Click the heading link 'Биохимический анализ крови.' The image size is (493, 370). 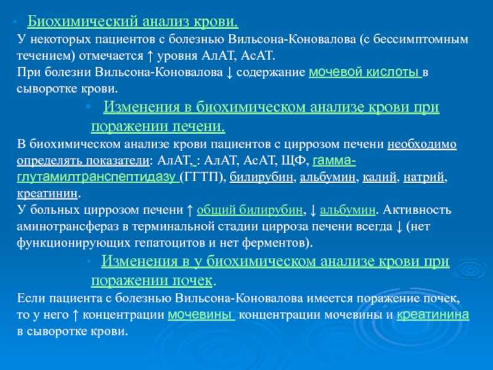[x=133, y=22]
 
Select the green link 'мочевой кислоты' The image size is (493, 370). [x=365, y=72]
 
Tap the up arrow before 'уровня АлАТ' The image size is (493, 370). [x=150, y=56]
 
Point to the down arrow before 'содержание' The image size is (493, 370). [x=229, y=73]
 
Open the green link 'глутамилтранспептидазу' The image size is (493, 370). [x=98, y=177]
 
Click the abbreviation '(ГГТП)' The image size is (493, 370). [x=203, y=177]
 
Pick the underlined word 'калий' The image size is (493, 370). [x=379, y=177]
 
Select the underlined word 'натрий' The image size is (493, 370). [x=424, y=177]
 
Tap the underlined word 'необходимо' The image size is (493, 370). [x=422, y=144]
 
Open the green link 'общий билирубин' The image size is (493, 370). [x=250, y=210]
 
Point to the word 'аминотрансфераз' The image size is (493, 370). [x=68, y=226]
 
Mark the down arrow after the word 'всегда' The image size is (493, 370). [x=399, y=227]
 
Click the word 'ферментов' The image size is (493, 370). [x=272, y=242]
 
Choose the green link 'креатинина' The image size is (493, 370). [x=433, y=314]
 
